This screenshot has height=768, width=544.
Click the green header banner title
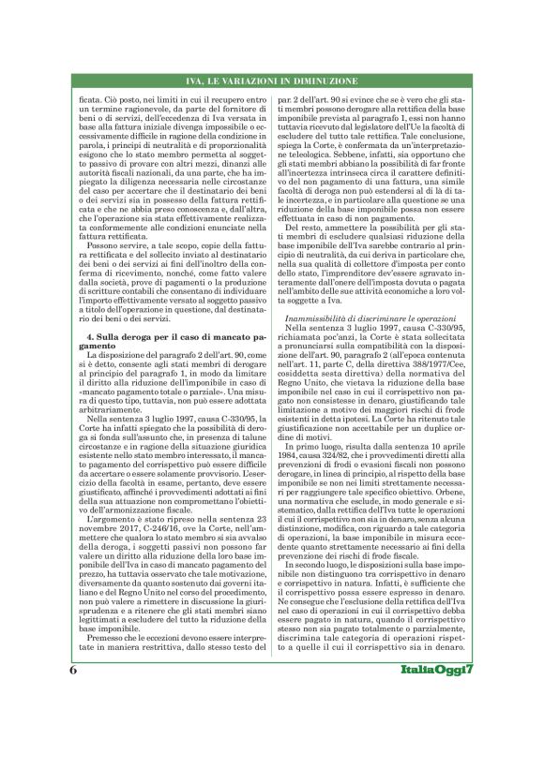pos(271,81)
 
